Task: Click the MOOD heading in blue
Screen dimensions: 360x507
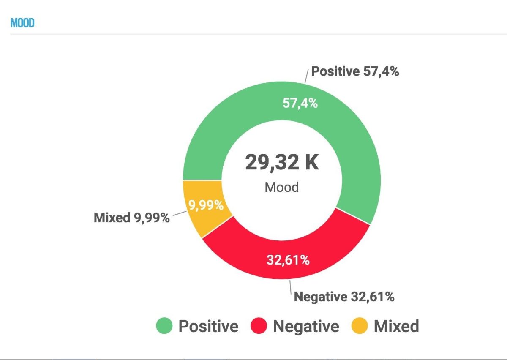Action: [22, 23]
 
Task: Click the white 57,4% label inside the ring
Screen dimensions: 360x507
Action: [300, 103]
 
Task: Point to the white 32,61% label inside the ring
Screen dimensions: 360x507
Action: [288, 260]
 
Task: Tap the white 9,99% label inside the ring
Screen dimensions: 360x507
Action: [206, 205]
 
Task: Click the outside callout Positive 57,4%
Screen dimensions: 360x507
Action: [355, 71]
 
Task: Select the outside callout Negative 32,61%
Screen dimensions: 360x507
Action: [344, 297]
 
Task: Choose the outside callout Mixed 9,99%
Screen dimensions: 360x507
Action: [131, 218]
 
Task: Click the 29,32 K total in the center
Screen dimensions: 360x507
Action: [282, 163]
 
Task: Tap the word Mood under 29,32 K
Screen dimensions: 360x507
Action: [282, 187]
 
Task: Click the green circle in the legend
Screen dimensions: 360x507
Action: [164, 326]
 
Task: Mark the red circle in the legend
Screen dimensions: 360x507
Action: [259, 326]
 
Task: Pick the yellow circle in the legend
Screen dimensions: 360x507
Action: [360, 326]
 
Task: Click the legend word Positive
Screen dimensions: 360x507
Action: [208, 326]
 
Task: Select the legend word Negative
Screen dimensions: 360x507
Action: [306, 326]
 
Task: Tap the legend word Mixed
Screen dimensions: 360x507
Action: [396, 326]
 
